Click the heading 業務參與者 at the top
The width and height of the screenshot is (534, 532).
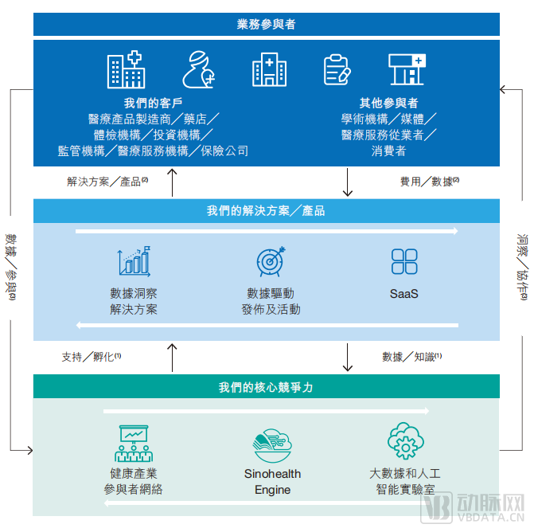[266, 24]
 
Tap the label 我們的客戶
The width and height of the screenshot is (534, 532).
[154, 103]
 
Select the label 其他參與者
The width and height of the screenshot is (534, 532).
[388, 103]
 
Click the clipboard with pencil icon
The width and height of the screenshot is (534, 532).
[337, 70]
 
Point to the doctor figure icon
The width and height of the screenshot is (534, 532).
[198, 70]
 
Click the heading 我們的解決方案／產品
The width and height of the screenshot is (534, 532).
[266, 211]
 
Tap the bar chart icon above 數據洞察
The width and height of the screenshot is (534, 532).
[134, 261]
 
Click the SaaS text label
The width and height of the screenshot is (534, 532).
[404, 294]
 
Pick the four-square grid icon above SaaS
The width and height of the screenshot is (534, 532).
[404, 261]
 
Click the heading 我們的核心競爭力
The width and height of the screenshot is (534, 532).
[266, 387]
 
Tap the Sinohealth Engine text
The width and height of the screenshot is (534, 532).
[272, 482]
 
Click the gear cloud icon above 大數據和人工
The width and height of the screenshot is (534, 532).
[405, 441]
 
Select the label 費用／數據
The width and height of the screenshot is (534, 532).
[426, 182]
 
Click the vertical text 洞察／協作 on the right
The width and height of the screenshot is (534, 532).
[521, 267]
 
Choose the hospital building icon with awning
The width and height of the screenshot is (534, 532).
[407, 70]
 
